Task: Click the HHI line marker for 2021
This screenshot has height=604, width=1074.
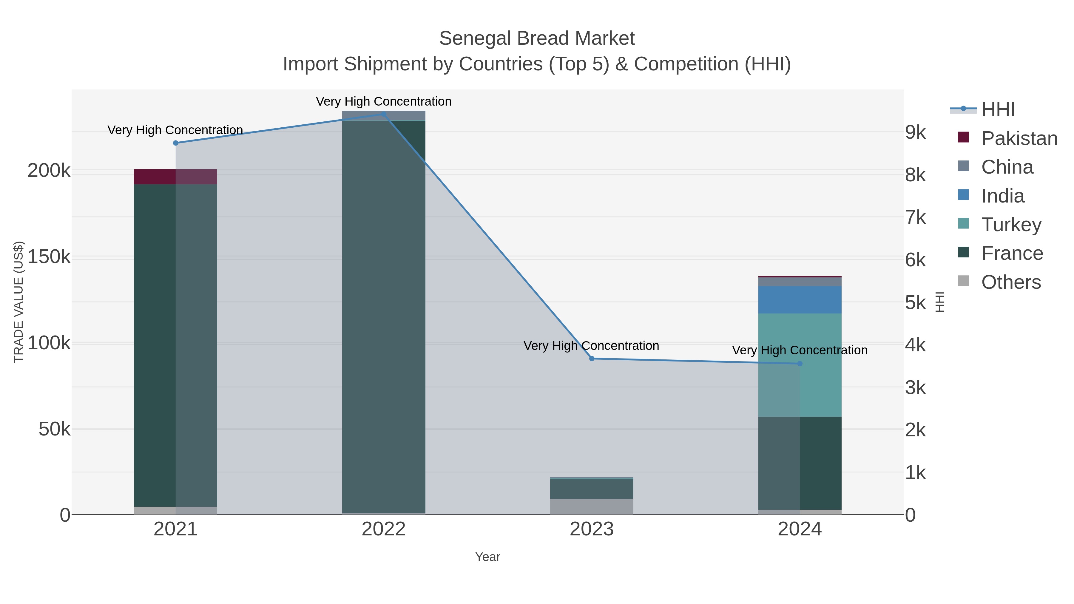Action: pos(175,143)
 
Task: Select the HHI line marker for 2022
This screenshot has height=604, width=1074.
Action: pos(384,114)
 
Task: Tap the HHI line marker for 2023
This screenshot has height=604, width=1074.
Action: pos(592,359)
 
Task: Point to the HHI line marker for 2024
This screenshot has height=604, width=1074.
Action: pos(800,364)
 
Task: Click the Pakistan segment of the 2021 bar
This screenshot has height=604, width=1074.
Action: pos(175,177)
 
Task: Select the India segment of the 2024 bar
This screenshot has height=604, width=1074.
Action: pos(800,300)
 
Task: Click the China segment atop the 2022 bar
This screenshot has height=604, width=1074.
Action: pos(384,115)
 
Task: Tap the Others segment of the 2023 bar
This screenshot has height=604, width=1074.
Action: pos(592,506)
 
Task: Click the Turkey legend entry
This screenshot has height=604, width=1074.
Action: pos(1011,225)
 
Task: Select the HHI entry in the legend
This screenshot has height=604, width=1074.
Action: pos(998,110)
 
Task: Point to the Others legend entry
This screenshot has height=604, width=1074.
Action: pos(1011,282)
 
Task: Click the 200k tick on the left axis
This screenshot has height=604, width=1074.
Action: pos(49,171)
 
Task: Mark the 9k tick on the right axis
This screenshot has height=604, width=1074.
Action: pos(916,132)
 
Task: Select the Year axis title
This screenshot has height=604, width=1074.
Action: pos(487,557)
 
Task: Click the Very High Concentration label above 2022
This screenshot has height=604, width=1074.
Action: pos(384,101)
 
